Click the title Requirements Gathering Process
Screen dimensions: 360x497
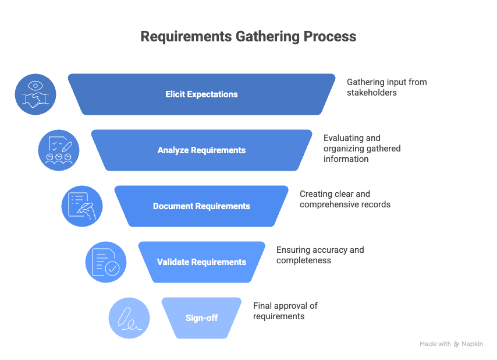point(248,36)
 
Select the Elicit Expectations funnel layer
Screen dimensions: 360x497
point(201,94)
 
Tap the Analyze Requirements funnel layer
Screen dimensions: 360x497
point(201,150)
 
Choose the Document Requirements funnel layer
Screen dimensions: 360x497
point(201,206)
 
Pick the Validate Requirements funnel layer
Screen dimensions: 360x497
point(201,262)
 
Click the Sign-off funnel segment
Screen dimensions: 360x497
point(201,318)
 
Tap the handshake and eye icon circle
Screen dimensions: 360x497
point(35,94)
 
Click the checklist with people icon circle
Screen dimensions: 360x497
point(59,150)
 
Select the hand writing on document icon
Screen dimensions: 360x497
point(82,206)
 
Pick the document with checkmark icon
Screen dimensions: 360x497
point(106,262)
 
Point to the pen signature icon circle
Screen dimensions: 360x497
point(129,318)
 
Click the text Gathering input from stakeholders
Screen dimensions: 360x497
point(386,87)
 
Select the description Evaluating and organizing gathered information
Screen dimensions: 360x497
point(361,149)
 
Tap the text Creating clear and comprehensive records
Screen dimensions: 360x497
point(345,199)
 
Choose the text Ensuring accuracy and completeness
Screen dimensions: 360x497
point(319,255)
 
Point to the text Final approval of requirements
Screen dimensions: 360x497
point(285,311)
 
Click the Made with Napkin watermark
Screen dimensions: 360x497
point(451,344)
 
